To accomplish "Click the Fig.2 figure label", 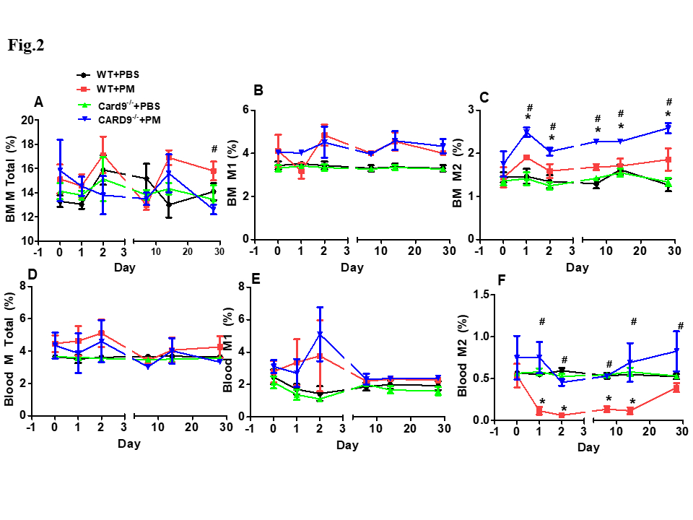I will pos(26,45).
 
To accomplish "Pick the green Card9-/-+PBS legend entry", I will pos(115,105).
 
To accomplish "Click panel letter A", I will pos(39,102).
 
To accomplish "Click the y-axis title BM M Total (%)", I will pos(12,181).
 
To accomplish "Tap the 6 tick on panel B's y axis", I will pos(245,110).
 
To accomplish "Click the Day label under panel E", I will pos(347,446).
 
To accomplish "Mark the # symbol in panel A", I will pos(214,149).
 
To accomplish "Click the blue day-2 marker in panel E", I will pos(319,334).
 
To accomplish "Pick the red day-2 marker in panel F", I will pos(562,415).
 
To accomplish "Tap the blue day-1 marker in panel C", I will pos(527,133).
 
